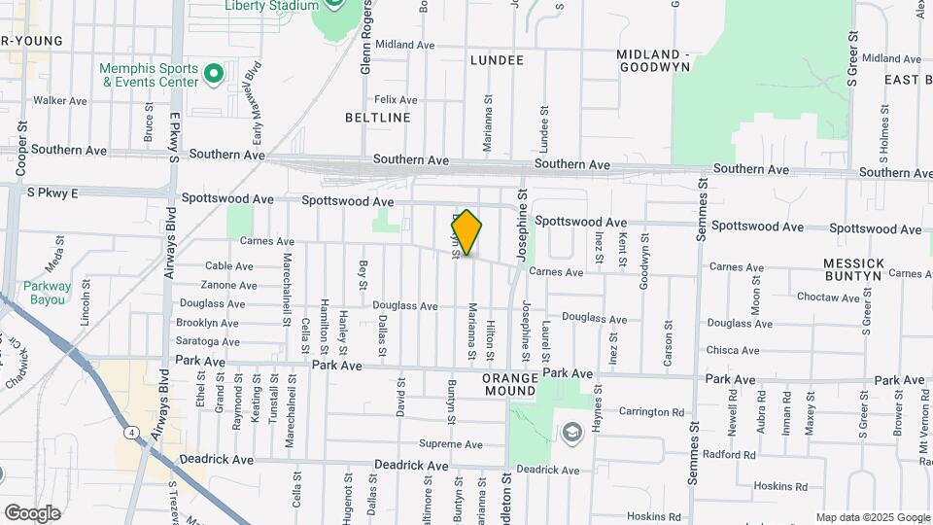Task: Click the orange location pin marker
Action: [466, 231]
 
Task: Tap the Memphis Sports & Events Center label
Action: [149, 75]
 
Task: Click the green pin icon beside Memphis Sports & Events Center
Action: [214, 73]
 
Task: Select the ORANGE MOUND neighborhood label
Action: [509, 384]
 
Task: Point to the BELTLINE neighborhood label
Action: [377, 118]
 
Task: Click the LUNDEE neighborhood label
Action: [497, 60]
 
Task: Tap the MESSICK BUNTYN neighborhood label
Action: [853, 269]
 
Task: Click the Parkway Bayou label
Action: [48, 293]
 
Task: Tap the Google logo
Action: [32, 512]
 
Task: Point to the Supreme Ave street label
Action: [450, 444]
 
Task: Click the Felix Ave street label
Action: [396, 100]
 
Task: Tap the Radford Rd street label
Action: [729, 454]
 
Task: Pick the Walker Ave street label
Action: [61, 100]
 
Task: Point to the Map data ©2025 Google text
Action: [871, 517]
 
